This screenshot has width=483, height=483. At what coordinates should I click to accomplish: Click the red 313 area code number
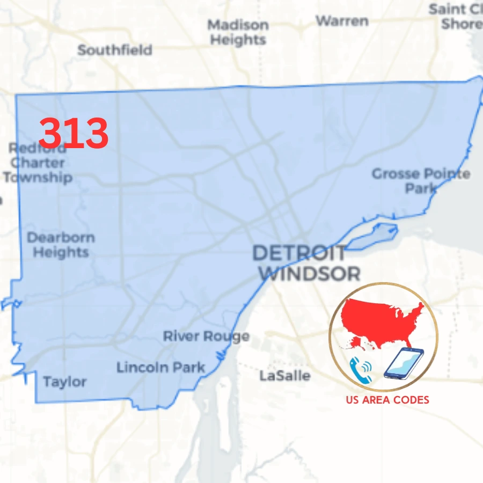[x=74, y=133]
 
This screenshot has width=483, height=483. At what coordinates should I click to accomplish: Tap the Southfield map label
[x=115, y=50]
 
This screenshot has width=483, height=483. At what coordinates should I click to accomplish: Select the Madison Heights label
[x=238, y=32]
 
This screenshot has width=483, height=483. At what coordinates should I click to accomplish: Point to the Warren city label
[x=342, y=21]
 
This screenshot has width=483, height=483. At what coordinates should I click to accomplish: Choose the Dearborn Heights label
[x=61, y=245]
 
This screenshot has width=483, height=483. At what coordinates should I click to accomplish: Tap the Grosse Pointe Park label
[x=421, y=181]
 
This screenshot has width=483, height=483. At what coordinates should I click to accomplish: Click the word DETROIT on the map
[x=299, y=253]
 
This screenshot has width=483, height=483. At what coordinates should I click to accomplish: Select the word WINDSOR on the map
[x=312, y=274]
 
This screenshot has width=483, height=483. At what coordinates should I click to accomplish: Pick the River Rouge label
[x=206, y=336]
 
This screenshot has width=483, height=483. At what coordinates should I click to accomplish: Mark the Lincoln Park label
[x=160, y=368]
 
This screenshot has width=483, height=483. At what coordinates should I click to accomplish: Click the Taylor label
[x=64, y=382]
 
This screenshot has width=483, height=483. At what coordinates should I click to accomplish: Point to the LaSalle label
[x=284, y=375]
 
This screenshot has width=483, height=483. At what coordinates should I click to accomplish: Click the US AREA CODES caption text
[x=387, y=400]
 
